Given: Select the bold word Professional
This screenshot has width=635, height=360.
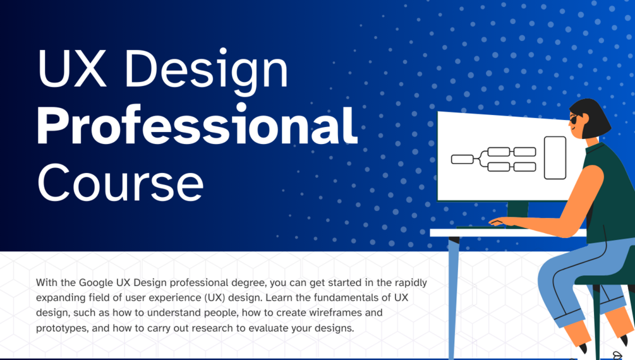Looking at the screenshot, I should pyautogui.click(x=197, y=126).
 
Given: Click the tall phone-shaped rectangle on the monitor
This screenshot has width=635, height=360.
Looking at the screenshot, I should pyautogui.click(x=555, y=157).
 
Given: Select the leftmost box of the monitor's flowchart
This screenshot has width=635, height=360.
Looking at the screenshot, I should pyautogui.click(x=462, y=159).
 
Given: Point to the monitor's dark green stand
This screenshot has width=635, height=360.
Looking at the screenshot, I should pyautogui.click(x=517, y=210).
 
